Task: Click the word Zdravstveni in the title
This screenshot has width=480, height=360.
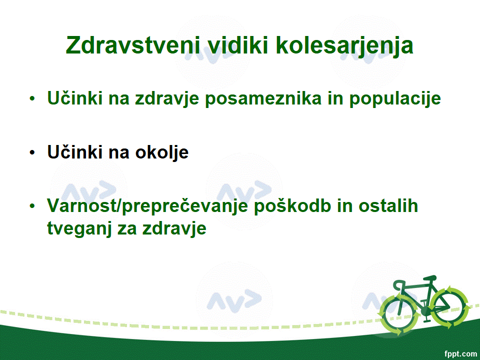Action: click(x=133, y=45)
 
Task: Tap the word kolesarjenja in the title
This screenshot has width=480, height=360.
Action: click(x=344, y=46)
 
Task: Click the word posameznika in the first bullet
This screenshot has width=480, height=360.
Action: click(x=263, y=98)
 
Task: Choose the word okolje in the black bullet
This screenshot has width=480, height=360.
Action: click(x=162, y=152)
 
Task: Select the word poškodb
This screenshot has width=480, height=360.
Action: click(x=292, y=205)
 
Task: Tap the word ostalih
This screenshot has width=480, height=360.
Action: click(x=388, y=205)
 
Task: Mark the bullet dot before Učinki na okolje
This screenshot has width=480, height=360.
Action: click(x=32, y=152)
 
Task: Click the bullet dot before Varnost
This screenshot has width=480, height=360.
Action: click(x=32, y=206)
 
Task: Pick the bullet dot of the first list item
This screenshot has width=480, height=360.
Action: click(x=32, y=98)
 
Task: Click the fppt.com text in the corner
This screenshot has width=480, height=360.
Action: click(x=460, y=354)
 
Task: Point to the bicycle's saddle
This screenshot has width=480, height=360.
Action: click(x=429, y=278)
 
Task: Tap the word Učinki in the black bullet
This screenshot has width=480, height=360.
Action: click(x=74, y=152)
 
